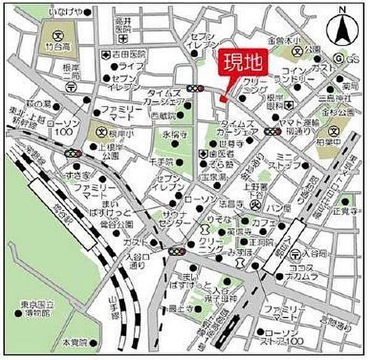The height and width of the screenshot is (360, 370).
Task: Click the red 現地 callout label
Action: click(241, 63)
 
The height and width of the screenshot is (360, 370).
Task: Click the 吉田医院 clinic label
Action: click(128, 55)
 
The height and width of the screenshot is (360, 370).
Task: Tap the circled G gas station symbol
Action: click(337, 58)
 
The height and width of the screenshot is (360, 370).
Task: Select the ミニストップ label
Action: click(287, 161)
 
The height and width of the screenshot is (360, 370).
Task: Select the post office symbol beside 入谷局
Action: click(297, 253)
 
